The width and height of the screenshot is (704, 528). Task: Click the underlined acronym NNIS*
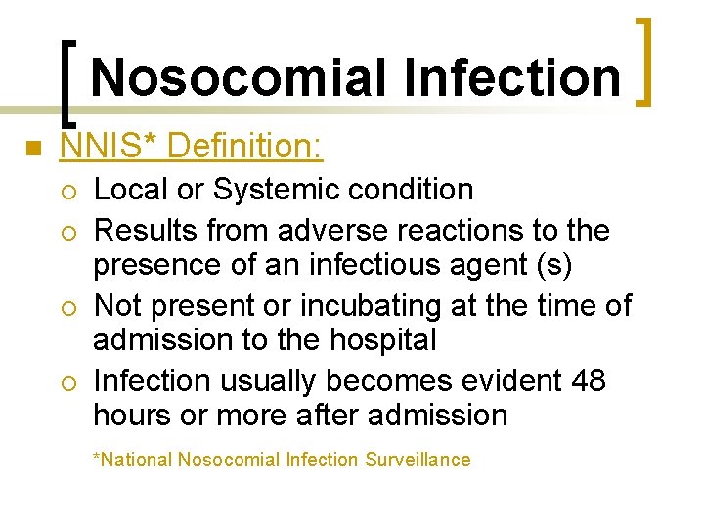tap(109, 148)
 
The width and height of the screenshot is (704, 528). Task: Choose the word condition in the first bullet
tap(412, 189)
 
